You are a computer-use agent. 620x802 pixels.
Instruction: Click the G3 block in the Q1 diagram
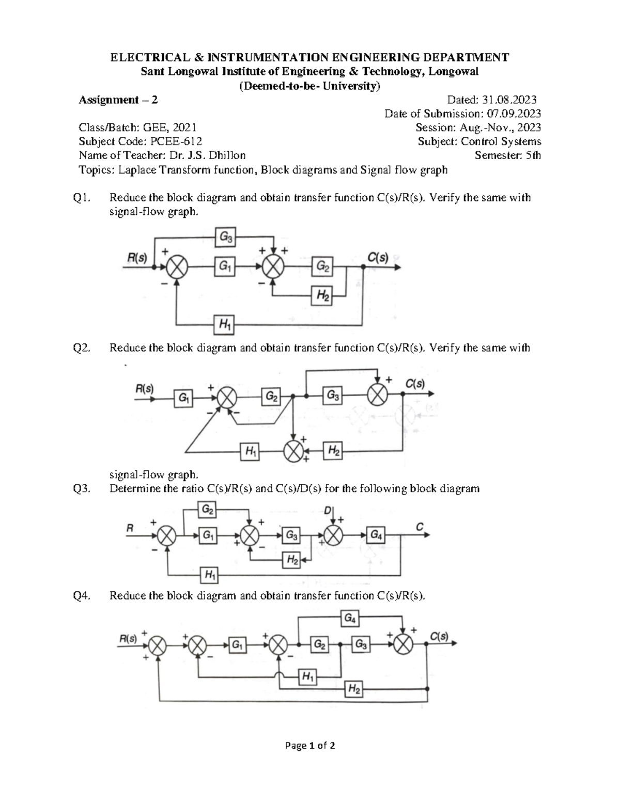(x=226, y=238)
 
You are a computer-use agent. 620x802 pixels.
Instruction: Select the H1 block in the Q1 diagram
(x=225, y=325)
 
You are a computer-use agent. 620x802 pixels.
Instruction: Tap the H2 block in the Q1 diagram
(x=322, y=296)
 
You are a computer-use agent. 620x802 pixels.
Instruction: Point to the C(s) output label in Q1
(x=377, y=258)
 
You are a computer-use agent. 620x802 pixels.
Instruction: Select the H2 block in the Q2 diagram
(x=333, y=451)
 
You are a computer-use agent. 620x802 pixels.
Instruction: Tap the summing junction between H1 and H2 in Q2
(x=294, y=452)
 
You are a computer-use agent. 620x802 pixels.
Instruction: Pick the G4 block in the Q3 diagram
(x=376, y=536)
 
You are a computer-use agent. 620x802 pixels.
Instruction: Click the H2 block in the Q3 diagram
(x=292, y=559)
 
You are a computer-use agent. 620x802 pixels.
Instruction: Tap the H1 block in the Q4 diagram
(x=308, y=676)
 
